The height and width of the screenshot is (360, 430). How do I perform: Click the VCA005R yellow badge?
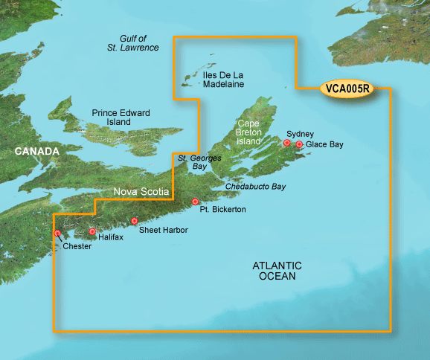point(348,88)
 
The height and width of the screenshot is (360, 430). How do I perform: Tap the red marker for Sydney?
point(286,142)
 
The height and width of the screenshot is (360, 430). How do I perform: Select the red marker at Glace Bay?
point(299,144)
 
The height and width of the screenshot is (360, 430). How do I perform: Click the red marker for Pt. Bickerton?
point(196,202)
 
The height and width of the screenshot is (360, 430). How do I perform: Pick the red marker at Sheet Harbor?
point(135,221)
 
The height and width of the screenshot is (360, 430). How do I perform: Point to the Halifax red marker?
point(92,231)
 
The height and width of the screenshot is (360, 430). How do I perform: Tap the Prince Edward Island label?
point(121,117)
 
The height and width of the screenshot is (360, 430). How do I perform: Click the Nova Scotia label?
point(142,192)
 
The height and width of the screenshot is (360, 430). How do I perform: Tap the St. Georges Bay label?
point(190,162)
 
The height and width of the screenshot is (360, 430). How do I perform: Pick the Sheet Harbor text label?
point(164,231)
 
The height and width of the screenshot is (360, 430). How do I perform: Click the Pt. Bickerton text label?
point(222,210)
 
